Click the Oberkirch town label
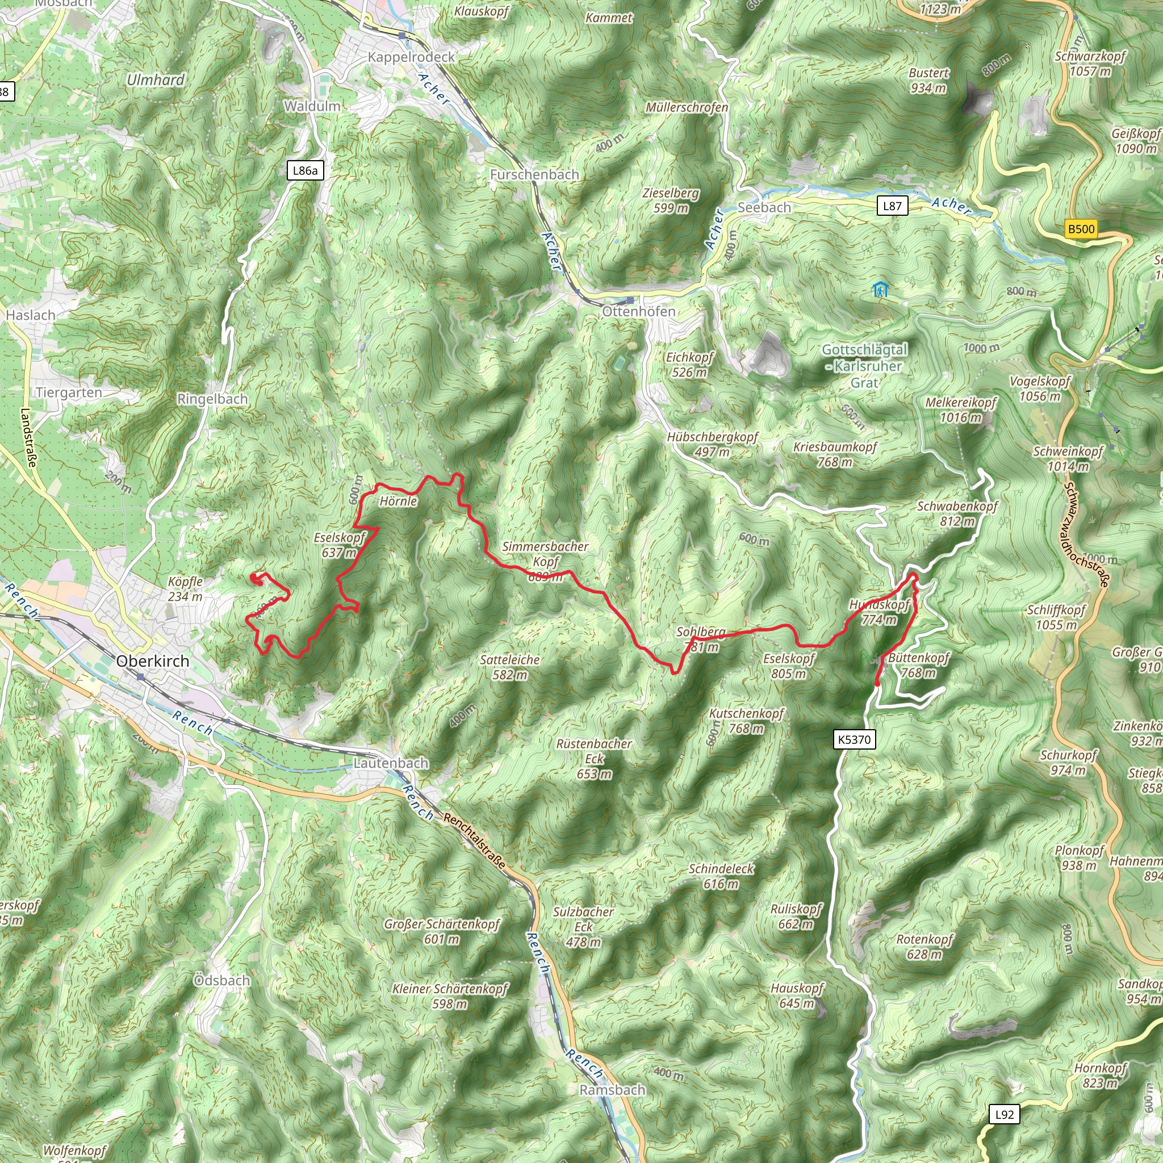click(x=152, y=661)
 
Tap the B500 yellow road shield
click(x=1081, y=229)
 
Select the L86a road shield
click(x=304, y=170)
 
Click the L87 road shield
click(x=892, y=206)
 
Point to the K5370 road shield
click(x=854, y=739)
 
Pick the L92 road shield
click(x=1005, y=1114)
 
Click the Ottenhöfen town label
click(x=639, y=311)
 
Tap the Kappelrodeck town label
click(x=411, y=57)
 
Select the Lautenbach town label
click(x=391, y=763)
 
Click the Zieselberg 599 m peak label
click(x=671, y=200)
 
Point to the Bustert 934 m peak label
click(x=928, y=80)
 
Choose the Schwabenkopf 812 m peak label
click(x=957, y=513)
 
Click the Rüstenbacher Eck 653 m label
click(x=594, y=759)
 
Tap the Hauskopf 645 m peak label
click(x=797, y=995)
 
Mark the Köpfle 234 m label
click(x=185, y=589)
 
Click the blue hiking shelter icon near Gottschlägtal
click(x=880, y=290)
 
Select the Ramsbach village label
click(x=612, y=1090)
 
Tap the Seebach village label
click(x=764, y=207)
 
